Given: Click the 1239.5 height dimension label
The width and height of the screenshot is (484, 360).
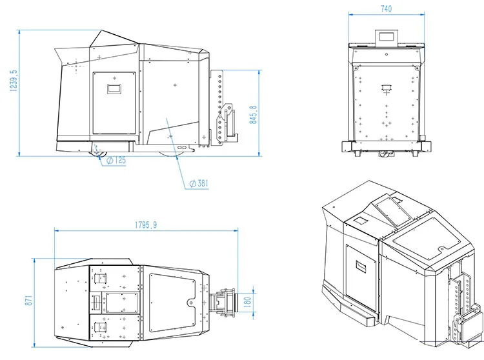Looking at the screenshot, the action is pyautogui.click(x=14, y=81).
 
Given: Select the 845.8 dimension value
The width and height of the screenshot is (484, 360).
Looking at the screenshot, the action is pyautogui.click(x=253, y=115).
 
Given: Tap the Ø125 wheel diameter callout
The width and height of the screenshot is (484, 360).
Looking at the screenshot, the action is pyautogui.click(x=116, y=160).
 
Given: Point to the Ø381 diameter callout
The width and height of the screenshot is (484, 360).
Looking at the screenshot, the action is pyautogui.click(x=199, y=183).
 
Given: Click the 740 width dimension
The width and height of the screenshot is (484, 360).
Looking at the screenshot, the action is pyautogui.click(x=386, y=8).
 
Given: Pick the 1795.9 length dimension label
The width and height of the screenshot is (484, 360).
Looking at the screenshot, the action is pyautogui.click(x=146, y=225).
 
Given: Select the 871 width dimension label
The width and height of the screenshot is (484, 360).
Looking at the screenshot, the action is pyautogui.click(x=28, y=301).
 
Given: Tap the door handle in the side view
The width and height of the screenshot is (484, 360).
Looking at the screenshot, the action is pyautogui.click(x=114, y=89).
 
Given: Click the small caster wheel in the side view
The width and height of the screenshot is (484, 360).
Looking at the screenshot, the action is pyautogui.click(x=98, y=154).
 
